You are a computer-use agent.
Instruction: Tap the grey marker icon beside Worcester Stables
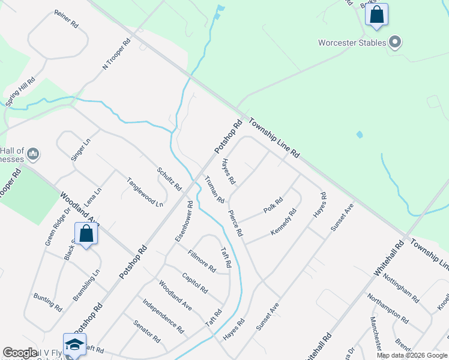(x=395, y=42)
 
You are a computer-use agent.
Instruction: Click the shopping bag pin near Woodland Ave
(x=86, y=235)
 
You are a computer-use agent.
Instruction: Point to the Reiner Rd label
(x=66, y=20)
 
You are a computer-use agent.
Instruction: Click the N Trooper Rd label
(x=116, y=55)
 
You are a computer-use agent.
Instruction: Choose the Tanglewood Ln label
(x=144, y=192)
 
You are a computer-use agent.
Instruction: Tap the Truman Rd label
(x=214, y=190)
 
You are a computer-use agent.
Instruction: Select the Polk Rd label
(x=273, y=206)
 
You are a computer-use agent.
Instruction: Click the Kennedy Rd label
(x=283, y=221)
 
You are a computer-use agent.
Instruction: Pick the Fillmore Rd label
(x=202, y=261)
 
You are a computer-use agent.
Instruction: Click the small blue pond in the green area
(x=359, y=134)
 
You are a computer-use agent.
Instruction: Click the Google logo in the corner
(x=20, y=353)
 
